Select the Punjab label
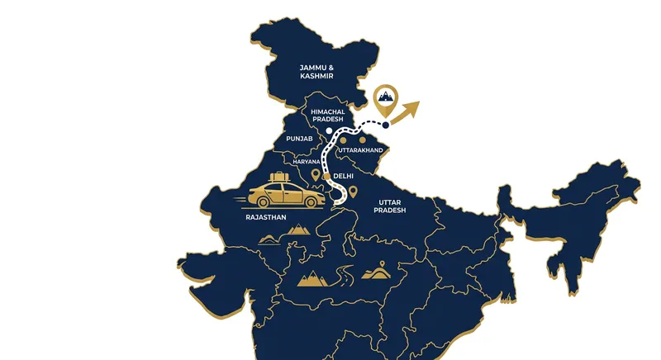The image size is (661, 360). click(299, 140)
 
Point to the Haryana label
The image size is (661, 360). click(306, 162)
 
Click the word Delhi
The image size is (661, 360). click(345, 177)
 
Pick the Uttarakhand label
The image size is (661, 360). click(360, 149)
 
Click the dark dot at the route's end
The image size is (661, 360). click(386, 126)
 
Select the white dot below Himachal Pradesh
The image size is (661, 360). click(329, 130)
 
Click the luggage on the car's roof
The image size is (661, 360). click(278, 177)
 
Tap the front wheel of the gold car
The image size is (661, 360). click(313, 201)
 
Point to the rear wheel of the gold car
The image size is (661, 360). click(267, 201)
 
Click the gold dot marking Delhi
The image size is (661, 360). click(327, 177)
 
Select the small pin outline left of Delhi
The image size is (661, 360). click(316, 176)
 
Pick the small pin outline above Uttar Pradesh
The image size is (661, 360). click(353, 193)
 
